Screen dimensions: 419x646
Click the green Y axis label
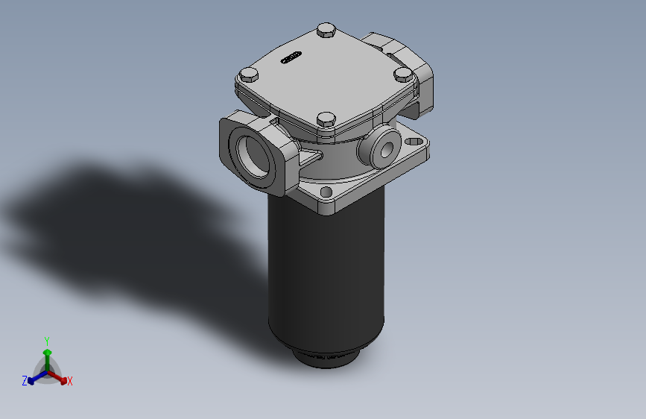pyautogui.click(x=46, y=340)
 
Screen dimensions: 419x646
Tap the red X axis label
pyautogui.click(x=70, y=381)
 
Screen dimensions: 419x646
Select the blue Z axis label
pyautogui.click(x=25, y=380)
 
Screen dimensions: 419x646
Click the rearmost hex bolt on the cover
pyautogui.click(x=326, y=31)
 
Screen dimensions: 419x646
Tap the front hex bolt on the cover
pyautogui.click(x=326, y=119)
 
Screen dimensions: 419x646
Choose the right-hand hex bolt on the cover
pyautogui.click(x=402, y=74)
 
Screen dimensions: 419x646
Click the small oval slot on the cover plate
pyautogui.click(x=291, y=57)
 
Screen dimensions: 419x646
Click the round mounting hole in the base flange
pyautogui.click(x=326, y=192)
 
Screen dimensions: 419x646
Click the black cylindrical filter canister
pyautogui.click(x=326, y=276)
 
